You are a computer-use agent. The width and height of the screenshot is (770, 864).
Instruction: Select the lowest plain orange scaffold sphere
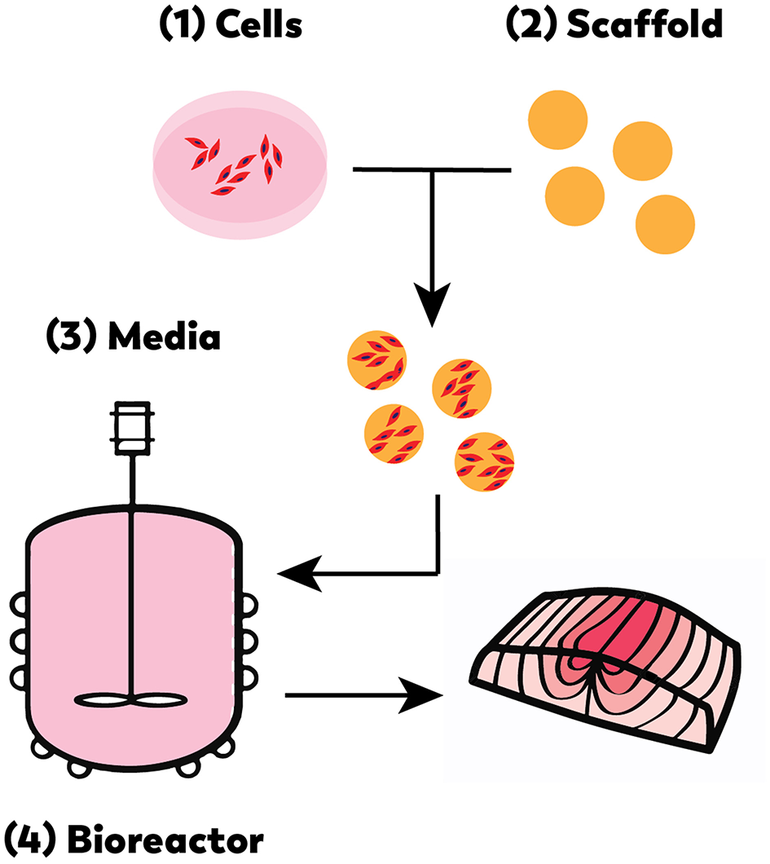pyautogui.click(x=664, y=226)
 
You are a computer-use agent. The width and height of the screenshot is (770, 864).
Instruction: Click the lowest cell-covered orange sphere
pyautogui.click(x=485, y=465)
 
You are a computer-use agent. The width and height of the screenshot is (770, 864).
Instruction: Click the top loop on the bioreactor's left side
pyautogui.click(x=18, y=607)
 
